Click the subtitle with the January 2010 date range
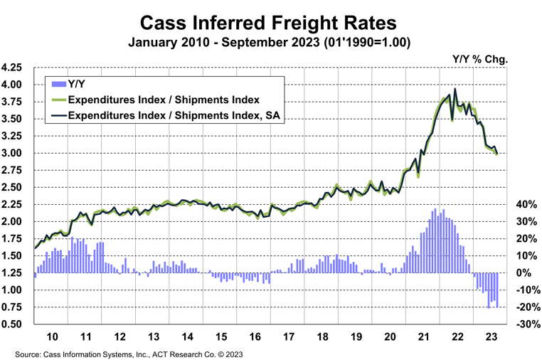pyautogui.click(x=270, y=42)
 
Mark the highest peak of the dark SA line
pyautogui.click(x=455, y=89)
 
